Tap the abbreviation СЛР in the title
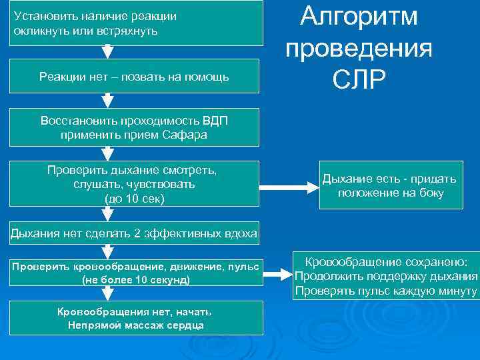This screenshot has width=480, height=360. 359,79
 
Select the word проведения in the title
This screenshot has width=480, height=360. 359,48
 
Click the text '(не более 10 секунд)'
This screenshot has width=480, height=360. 135,280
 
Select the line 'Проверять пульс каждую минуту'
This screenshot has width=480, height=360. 387,291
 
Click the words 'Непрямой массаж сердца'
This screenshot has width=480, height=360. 135,325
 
